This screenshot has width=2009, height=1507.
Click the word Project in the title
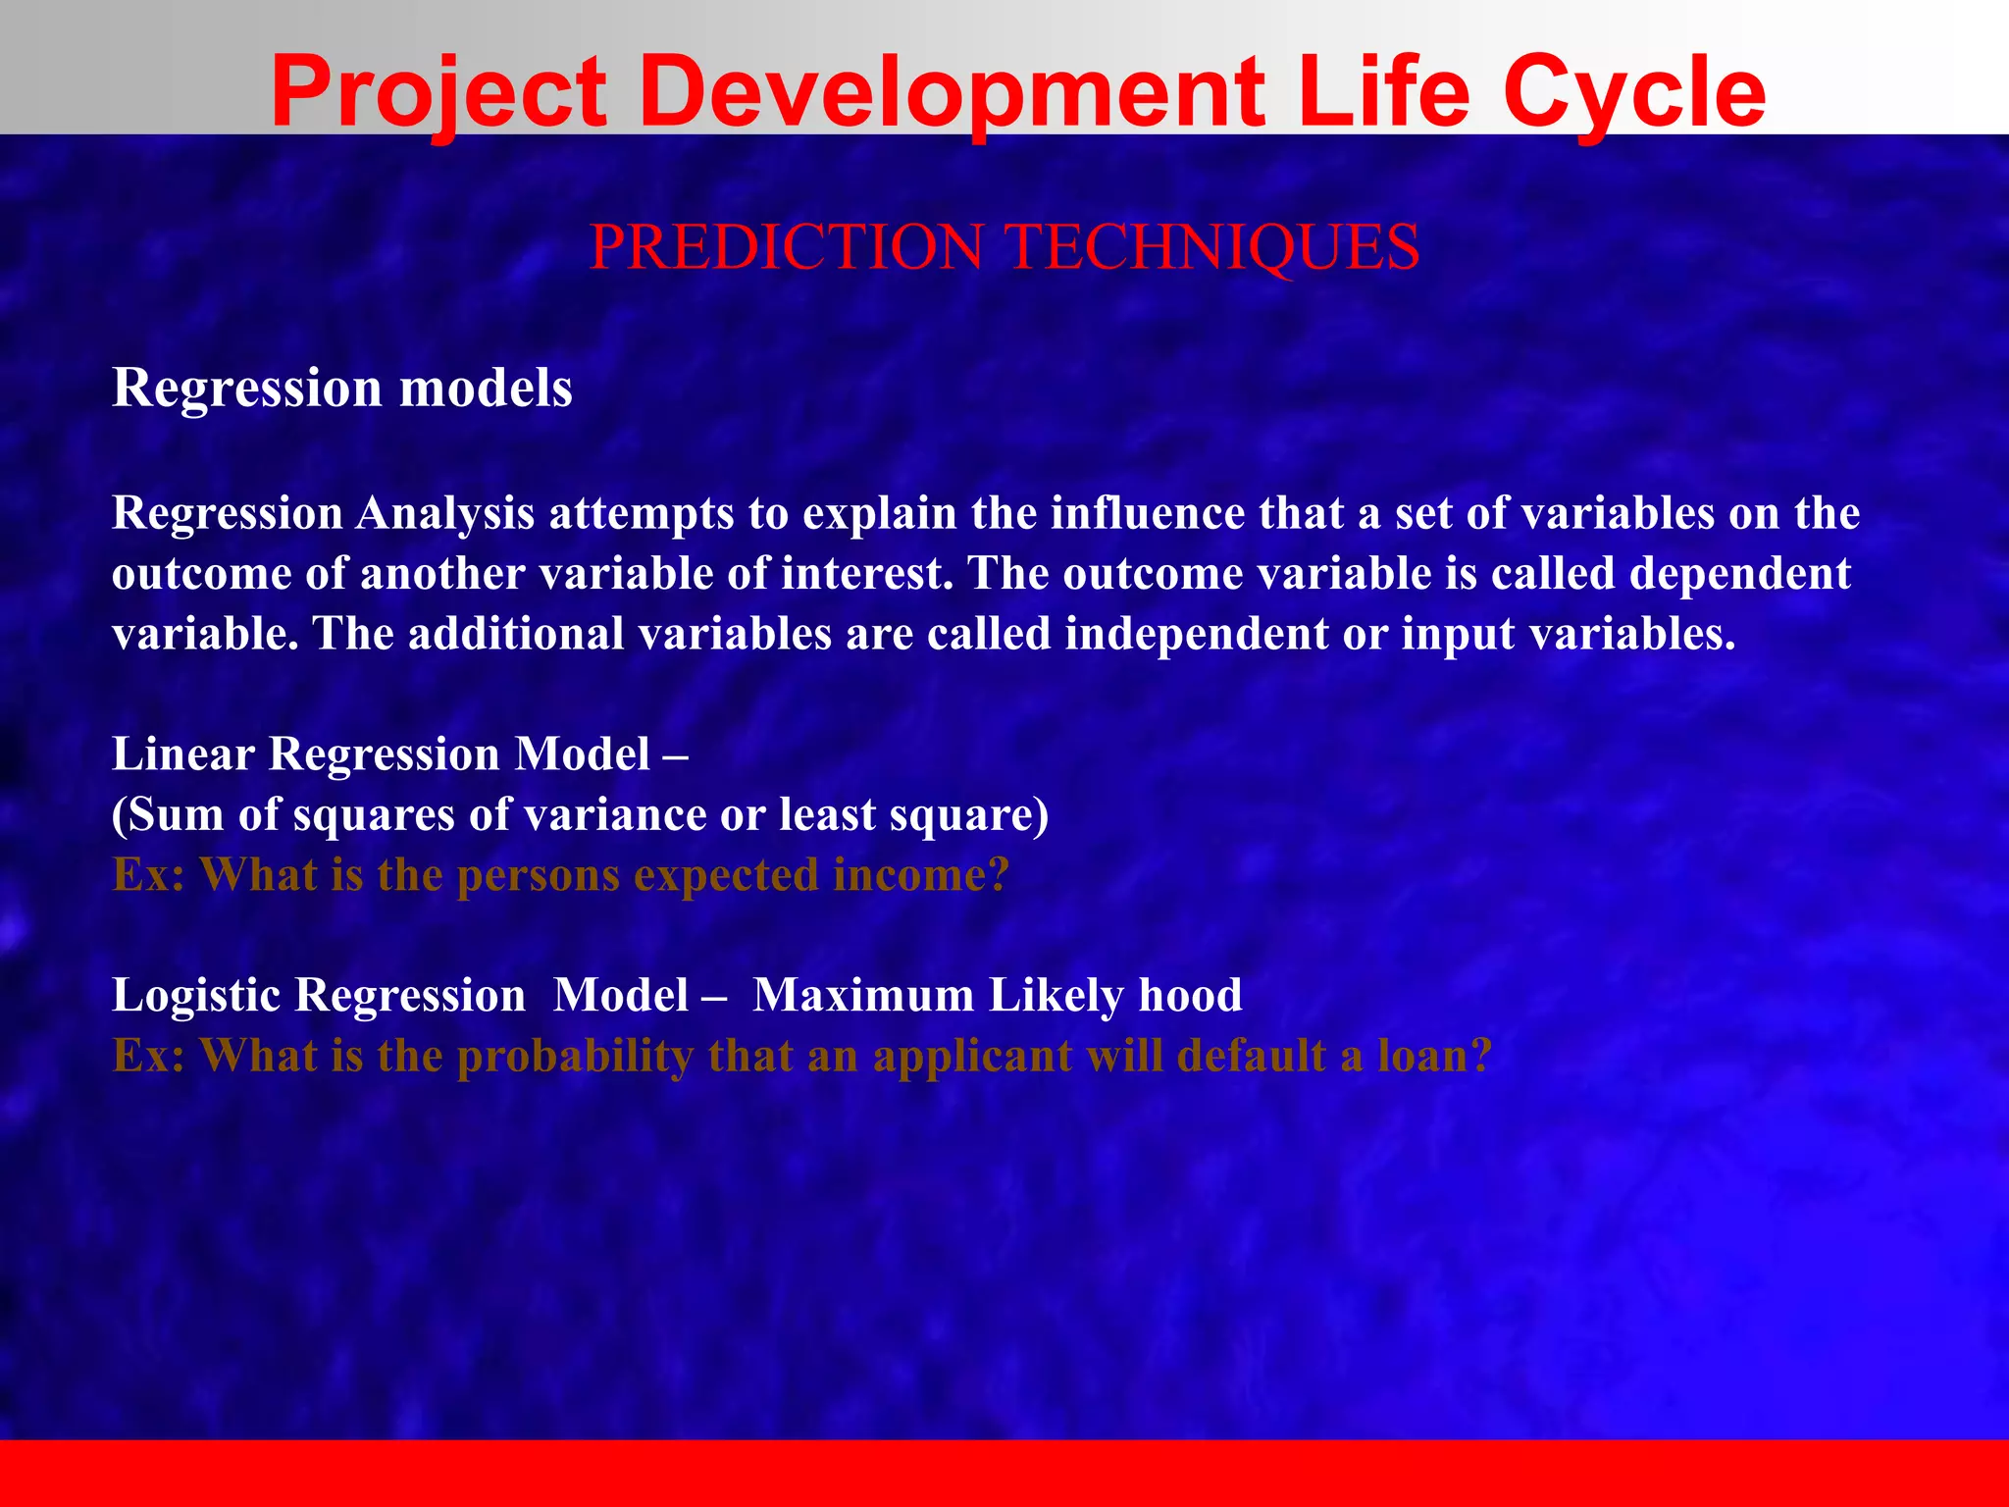438,93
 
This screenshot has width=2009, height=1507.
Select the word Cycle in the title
1633,93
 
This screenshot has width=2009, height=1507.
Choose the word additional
516,634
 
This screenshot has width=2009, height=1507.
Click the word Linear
183,754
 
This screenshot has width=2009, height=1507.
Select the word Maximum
863,996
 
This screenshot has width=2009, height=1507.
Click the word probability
575,1057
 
